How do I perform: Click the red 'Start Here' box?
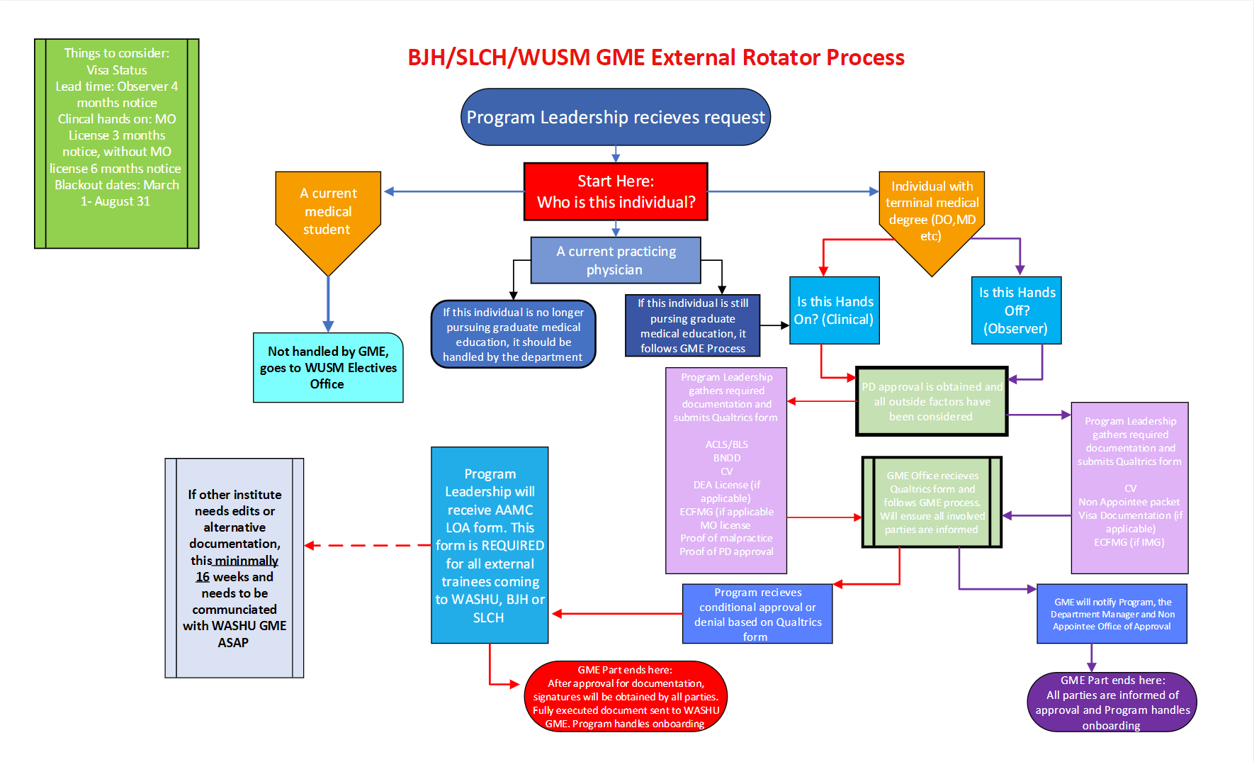click(x=616, y=192)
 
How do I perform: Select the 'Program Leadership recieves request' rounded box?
click(x=616, y=117)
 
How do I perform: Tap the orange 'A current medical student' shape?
click(x=328, y=212)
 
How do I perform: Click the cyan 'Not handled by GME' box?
click(x=328, y=367)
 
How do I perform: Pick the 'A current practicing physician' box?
click(x=616, y=260)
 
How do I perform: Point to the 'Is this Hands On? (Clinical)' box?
click(x=835, y=310)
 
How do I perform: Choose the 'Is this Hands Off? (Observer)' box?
click(x=1017, y=310)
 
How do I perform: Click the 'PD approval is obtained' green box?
click(x=932, y=401)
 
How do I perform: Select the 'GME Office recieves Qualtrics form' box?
click(x=932, y=502)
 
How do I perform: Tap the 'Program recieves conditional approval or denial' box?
click(x=757, y=614)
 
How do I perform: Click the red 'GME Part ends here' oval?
click(x=626, y=696)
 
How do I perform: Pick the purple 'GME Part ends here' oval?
click(x=1112, y=702)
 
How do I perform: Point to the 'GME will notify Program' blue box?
click(x=1112, y=614)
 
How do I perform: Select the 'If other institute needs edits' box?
click(x=235, y=568)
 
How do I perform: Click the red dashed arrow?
click(x=368, y=545)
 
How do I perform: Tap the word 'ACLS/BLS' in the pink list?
click(x=726, y=444)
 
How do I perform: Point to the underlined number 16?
click(x=203, y=577)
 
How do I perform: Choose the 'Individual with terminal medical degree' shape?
click(x=932, y=212)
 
